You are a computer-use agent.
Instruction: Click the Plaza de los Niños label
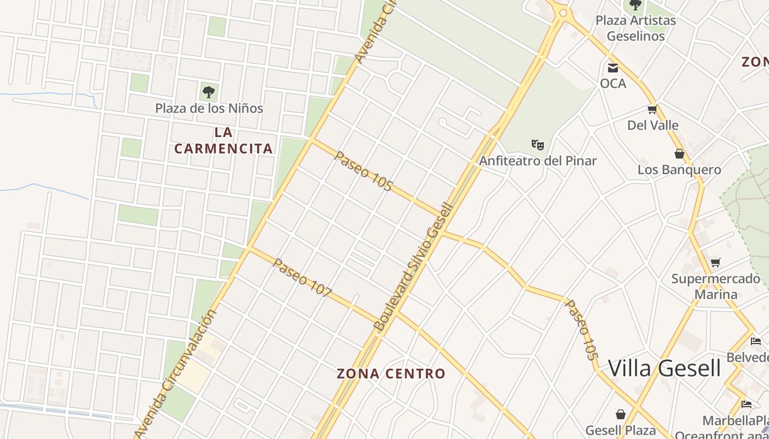pos(209,108)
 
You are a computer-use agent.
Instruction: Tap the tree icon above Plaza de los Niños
pos(208,92)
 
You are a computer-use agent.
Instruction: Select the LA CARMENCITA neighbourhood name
pos(224,140)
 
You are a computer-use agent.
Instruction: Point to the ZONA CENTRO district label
pos(391,374)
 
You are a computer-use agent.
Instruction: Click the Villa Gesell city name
pos(664,368)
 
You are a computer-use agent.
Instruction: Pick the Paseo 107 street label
pos(302,278)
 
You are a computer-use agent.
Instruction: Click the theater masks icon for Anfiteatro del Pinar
pos(537,145)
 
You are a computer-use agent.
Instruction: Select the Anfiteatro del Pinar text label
pos(538,161)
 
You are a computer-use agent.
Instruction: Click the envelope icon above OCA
pos(612,68)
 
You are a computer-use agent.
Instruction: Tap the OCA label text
pos(612,83)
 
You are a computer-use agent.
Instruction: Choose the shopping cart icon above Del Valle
pos(653,110)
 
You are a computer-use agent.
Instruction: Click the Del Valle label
pos(653,125)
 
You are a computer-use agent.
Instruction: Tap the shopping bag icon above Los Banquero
pos(679,154)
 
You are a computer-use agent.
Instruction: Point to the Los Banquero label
pos(679,170)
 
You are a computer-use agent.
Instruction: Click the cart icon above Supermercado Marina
pos(715,262)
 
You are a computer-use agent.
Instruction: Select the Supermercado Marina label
pos(716,286)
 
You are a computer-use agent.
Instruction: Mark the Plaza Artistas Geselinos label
pos(636,28)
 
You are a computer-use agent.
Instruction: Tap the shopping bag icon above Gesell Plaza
pos(621,414)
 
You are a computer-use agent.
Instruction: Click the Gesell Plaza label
pos(621,430)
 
